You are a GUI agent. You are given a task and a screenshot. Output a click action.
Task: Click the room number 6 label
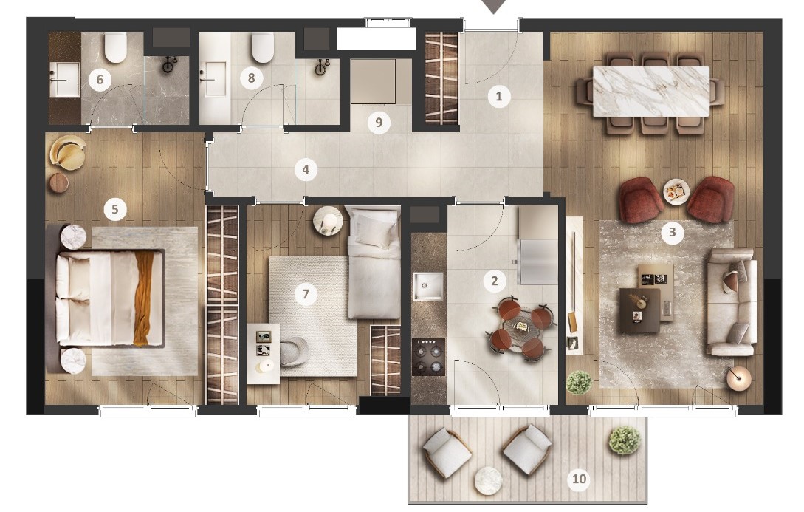100,80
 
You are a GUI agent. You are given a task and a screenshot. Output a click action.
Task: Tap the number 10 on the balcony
579,479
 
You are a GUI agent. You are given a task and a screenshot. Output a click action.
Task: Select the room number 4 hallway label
306,169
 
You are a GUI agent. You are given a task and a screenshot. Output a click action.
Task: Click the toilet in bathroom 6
116,47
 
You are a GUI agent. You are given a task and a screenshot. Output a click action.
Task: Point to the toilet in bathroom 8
263,47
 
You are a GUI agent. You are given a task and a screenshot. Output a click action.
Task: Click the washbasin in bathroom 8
216,78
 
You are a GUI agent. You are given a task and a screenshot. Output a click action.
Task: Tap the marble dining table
651,92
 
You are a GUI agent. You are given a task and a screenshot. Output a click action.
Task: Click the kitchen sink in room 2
427,287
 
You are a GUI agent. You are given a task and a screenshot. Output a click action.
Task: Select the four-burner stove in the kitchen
429,357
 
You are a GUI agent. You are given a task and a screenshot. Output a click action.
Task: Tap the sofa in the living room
731,302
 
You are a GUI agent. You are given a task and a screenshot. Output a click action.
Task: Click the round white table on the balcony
489,481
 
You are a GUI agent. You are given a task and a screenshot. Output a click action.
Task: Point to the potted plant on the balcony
625,440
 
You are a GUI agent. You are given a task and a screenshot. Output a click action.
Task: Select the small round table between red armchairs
676,192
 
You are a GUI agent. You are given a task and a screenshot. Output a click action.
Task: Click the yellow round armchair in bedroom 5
68,152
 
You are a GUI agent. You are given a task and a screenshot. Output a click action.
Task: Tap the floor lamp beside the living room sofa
739,378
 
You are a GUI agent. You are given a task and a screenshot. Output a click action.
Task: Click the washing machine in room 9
374,81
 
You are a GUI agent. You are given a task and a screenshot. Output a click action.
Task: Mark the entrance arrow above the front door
493,6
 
